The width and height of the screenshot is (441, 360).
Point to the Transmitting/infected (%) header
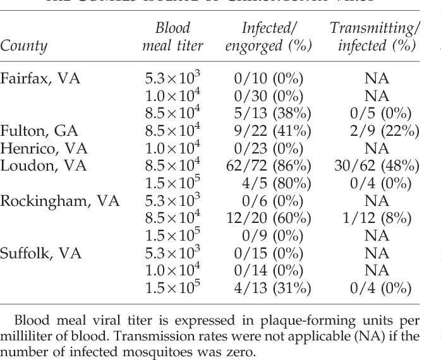[x=375, y=37]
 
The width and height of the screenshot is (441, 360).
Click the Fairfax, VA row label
[x=40, y=79]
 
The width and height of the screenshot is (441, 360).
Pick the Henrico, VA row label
[x=41, y=148]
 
